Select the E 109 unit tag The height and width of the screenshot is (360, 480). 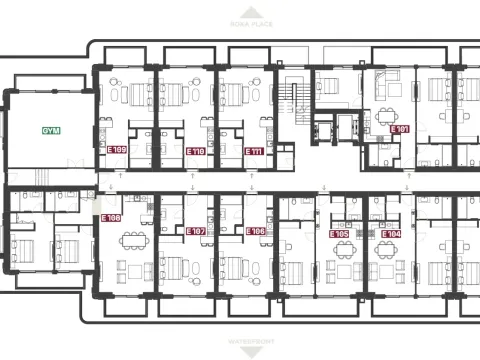[x=116, y=151]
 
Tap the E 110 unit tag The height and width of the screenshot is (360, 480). [x=197, y=151]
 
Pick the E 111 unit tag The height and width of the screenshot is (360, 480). [x=254, y=151]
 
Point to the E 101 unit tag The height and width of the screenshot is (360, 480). [x=400, y=130]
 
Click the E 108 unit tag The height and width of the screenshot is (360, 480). [x=111, y=216]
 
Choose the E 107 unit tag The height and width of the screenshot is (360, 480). [x=197, y=230]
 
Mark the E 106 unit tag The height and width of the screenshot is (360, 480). [x=254, y=230]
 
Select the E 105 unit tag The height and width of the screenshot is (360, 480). [x=339, y=234]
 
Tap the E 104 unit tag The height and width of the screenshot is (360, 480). [x=392, y=234]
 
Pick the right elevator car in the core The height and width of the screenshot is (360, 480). [x=345, y=128]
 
